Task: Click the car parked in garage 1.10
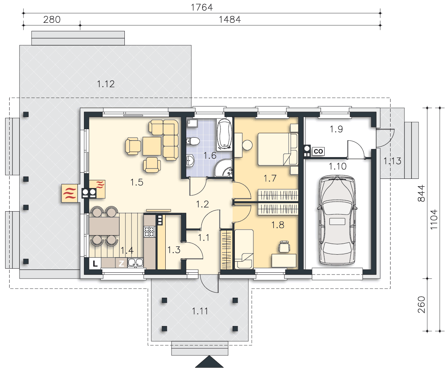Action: click(x=337, y=220)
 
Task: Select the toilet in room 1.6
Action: click(x=193, y=141)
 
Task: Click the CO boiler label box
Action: click(x=318, y=151)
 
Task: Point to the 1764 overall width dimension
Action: click(x=202, y=7)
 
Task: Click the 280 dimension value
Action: click(x=52, y=20)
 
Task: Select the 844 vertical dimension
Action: click(x=421, y=193)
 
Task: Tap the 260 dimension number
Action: click(x=421, y=305)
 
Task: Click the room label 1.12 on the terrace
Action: click(x=106, y=84)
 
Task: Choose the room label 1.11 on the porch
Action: click(x=200, y=311)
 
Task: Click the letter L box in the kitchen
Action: click(x=95, y=263)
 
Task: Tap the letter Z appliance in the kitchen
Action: click(x=121, y=263)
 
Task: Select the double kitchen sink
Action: click(x=135, y=263)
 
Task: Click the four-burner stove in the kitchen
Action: click(x=149, y=231)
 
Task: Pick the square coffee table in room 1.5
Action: click(x=152, y=146)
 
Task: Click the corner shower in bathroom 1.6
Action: click(x=224, y=168)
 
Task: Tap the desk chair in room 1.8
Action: click(x=284, y=246)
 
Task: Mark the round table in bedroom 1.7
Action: click(x=247, y=145)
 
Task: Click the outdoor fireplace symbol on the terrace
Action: click(x=70, y=193)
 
